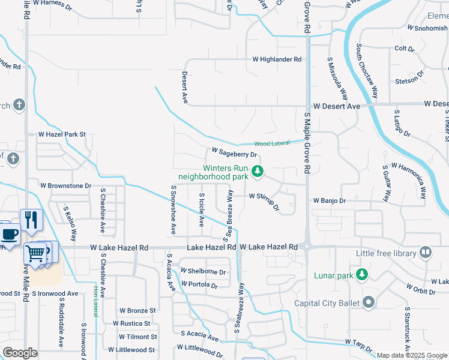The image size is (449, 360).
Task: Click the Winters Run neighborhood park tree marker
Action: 258,172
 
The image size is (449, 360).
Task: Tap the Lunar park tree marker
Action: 361,275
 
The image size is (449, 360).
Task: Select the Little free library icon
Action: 426,253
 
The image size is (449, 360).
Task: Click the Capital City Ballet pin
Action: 368,302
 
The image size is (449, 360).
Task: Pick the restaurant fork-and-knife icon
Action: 30,219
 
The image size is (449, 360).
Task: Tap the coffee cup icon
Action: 9,234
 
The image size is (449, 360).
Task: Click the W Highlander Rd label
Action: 277,59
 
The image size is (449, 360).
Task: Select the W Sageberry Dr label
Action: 234,153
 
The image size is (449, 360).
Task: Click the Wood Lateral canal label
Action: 271,143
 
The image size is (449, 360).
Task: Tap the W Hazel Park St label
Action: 62,134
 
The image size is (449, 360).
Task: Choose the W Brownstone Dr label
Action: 65,186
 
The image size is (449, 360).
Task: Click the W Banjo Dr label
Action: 330,200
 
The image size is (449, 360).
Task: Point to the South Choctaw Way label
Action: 367,70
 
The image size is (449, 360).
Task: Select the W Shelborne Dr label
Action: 203,271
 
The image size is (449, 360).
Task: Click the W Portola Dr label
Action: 198,286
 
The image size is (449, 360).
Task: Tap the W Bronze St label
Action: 137,310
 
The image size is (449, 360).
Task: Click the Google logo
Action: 20,353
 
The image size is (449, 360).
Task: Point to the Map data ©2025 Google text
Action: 412,355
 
